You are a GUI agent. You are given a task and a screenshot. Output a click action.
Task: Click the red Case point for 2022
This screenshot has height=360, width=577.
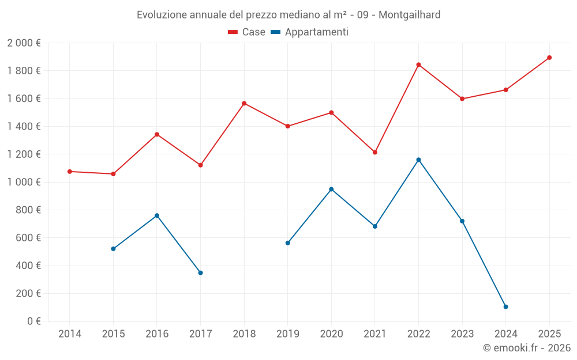click(x=418, y=65)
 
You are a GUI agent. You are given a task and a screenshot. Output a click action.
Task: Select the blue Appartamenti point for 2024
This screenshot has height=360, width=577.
click(x=505, y=306)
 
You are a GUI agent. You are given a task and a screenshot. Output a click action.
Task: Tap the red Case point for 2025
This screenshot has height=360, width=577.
click(x=549, y=58)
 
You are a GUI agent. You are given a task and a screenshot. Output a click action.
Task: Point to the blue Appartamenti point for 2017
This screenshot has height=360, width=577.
click(x=200, y=272)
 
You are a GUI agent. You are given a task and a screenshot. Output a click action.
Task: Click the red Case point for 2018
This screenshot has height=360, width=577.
click(x=244, y=103)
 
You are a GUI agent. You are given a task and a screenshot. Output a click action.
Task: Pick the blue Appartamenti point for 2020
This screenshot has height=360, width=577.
click(x=331, y=189)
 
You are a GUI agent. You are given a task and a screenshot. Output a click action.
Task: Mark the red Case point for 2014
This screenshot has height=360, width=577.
click(x=70, y=172)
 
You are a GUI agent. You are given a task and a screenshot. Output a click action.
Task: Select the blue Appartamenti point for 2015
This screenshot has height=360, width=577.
click(x=113, y=249)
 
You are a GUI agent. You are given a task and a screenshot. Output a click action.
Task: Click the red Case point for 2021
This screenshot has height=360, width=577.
click(x=375, y=152)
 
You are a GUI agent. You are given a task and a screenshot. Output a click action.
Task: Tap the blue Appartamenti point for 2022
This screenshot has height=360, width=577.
click(x=418, y=160)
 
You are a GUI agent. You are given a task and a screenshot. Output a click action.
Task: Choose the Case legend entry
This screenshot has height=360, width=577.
click(x=247, y=32)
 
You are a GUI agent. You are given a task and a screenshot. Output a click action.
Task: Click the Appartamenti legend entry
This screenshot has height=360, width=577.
click(x=310, y=32)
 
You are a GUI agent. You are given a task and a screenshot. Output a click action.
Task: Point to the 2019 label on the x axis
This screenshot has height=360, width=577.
click(x=287, y=334)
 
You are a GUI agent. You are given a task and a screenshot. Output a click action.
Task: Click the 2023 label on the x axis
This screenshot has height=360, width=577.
click(x=462, y=334)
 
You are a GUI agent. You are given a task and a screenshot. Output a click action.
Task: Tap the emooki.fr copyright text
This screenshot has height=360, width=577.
click(x=526, y=348)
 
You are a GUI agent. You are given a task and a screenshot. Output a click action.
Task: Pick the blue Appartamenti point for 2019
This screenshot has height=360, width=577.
click(x=287, y=243)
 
